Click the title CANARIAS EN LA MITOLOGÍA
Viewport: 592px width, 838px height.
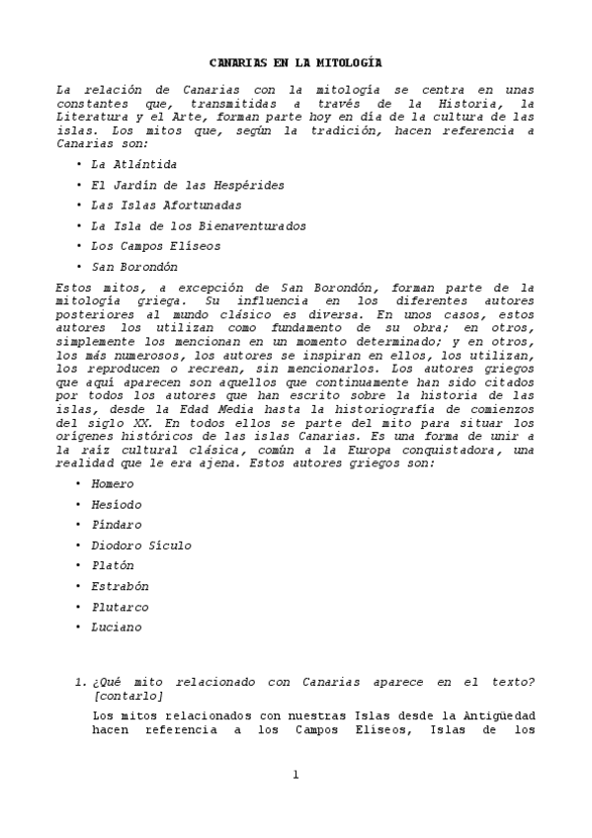pos(295,62)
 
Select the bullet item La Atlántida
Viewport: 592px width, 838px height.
pos(134,164)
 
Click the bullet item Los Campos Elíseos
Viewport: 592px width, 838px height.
pos(155,246)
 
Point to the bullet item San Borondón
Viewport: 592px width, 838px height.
pos(134,267)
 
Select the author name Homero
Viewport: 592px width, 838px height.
pos(112,484)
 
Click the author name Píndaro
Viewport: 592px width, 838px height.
pos(116,525)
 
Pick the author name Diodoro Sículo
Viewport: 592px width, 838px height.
pos(140,545)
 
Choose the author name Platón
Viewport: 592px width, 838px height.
pos(112,565)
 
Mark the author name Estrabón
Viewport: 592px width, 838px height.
pos(119,586)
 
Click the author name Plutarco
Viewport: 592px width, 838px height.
pos(119,607)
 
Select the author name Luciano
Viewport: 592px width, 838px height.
pos(116,627)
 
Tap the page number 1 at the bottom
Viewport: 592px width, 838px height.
pos(295,774)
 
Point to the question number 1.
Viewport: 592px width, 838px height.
pos(80,682)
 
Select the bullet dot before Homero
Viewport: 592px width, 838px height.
pos(77,484)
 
